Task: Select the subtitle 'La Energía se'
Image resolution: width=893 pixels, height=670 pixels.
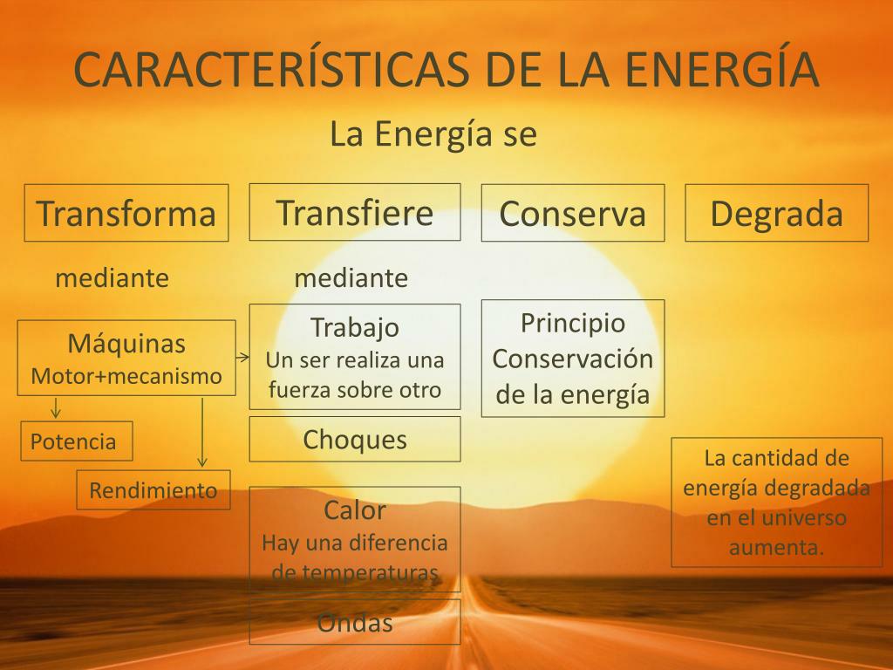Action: (x=433, y=135)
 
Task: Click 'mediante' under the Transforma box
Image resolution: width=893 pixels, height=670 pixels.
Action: (x=112, y=278)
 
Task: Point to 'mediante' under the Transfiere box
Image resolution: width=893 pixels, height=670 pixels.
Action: (x=351, y=278)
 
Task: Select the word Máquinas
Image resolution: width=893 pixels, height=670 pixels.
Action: (x=126, y=343)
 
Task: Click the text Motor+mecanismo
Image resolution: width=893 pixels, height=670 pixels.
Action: (x=126, y=376)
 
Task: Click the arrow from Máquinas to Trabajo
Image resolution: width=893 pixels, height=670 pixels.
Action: (x=242, y=357)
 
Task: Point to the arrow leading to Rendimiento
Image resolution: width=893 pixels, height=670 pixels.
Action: (x=202, y=433)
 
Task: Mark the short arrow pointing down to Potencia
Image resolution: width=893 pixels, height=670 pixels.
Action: (x=55, y=408)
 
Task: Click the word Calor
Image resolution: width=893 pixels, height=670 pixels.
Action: (x=355, y=509)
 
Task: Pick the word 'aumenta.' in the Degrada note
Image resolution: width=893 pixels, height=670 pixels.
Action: (x=777, y=548)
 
